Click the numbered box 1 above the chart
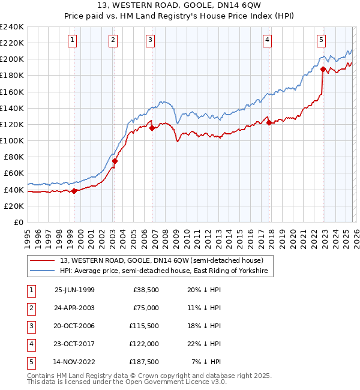point(72,40)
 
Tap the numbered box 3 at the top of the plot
point(150,40)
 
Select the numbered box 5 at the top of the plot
point(322,40)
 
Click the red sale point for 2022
point(323,69)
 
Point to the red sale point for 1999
point(74,191)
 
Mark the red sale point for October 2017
point(269,122)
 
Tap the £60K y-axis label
point(13,173)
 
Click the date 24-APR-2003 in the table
point(74,307)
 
